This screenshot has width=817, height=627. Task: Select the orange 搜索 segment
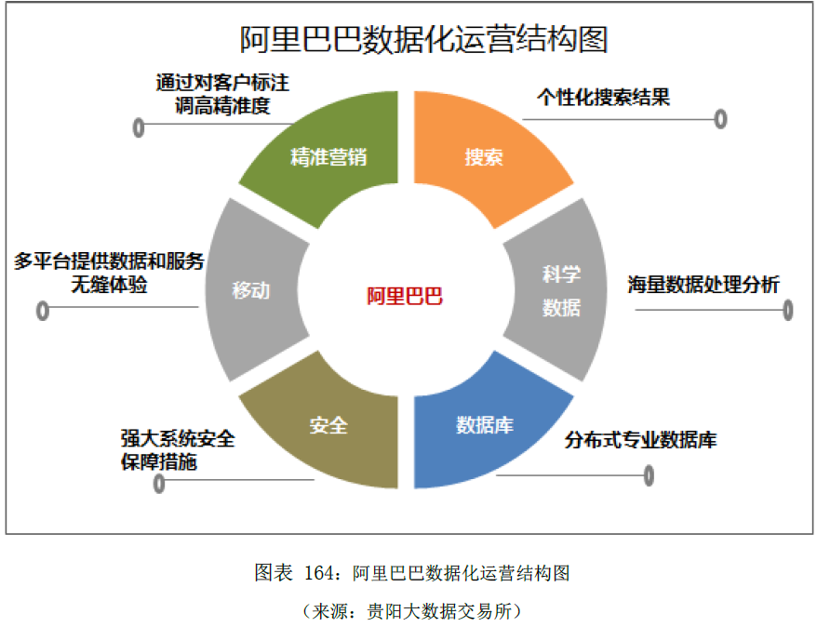485,158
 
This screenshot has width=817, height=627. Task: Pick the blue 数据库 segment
485,425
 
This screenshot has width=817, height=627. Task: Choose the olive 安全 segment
328,425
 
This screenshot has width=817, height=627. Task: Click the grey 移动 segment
250,290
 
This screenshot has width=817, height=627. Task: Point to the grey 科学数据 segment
561,290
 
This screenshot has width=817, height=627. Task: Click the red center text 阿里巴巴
404,297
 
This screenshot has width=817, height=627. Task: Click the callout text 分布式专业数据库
641,440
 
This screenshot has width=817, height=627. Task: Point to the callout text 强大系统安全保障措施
177,449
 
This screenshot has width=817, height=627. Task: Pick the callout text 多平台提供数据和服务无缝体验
109,273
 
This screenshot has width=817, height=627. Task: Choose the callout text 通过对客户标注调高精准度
221,94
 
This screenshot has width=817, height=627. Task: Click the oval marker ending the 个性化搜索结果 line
720,119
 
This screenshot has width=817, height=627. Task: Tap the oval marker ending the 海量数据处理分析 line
788,310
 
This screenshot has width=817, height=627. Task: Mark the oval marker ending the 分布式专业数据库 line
649,475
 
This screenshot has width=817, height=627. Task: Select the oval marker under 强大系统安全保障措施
159,483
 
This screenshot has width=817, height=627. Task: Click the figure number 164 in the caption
319,573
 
